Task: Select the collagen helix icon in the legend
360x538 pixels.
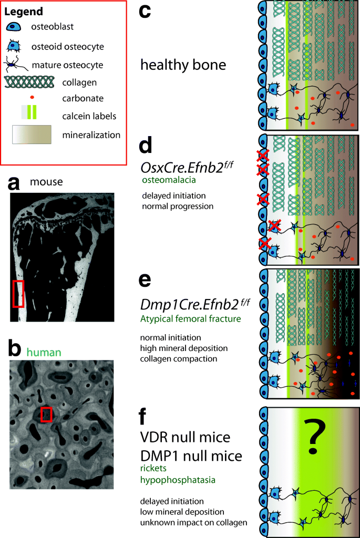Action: (29, 82)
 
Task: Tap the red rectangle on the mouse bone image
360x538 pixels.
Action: (18, 293)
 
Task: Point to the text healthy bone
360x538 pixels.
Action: (183, 66)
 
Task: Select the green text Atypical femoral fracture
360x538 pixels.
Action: (189, 318)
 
